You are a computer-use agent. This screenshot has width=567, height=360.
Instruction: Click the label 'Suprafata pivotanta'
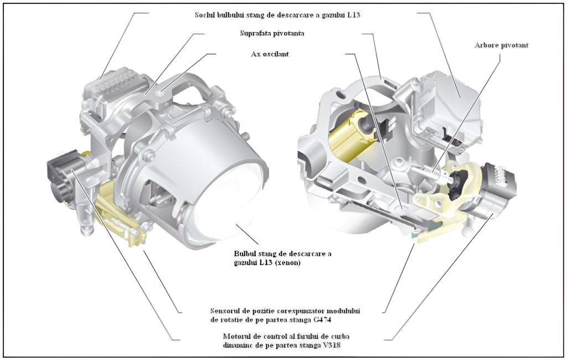coord(272,33)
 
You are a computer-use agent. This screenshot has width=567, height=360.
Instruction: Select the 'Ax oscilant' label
coord(270,54)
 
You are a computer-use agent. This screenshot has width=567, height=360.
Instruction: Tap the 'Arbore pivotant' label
coord(502,45)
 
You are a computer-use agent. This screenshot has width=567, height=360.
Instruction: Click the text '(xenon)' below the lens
coord(287,263)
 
